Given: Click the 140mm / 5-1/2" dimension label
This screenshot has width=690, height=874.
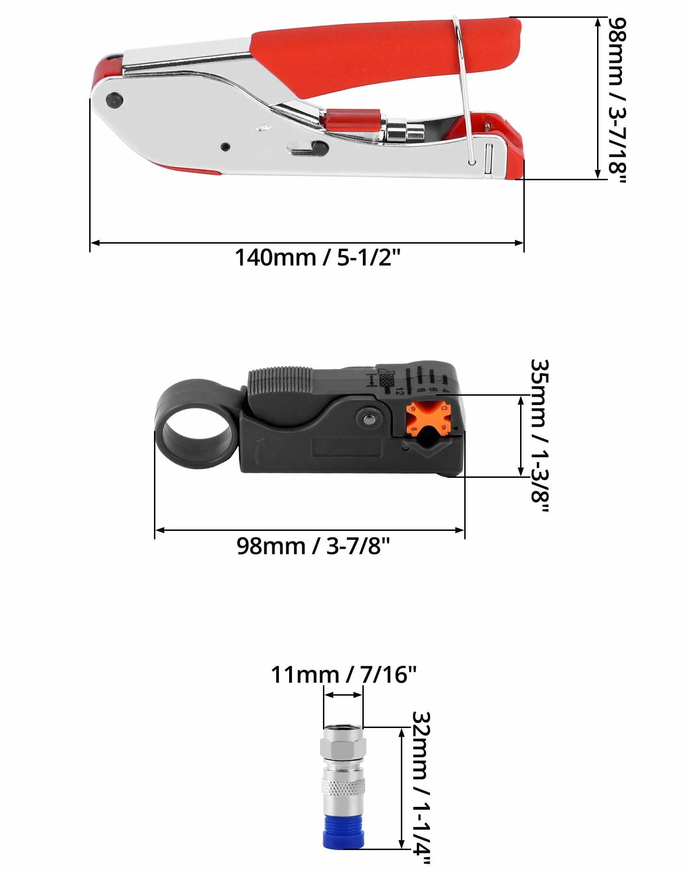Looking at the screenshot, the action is pyautogui.click(x=317, y=258).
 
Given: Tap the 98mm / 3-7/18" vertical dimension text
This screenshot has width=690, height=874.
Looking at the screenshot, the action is pyautogui.click(x=617, y=100).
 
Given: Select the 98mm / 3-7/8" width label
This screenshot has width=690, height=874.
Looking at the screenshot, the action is pyautogui.click(x=313, y=546).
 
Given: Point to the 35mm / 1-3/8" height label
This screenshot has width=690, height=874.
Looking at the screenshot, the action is pyautogui.click(x=539, y=436).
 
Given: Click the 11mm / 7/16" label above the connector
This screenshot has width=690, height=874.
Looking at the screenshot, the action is pyautogui.click(x=344, y=675).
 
